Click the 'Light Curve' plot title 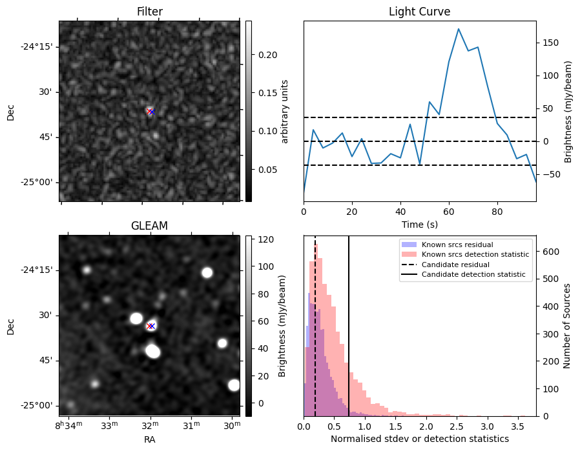(x=419, y=12)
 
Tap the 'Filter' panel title (x=149, y=12)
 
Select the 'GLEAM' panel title (x=149, y=226)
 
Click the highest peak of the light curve (x=458, y=29)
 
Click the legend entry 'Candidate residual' (x=455, y=265)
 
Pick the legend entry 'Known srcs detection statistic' (x=475, y=254)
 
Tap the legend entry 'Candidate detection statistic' (x=473, y=275)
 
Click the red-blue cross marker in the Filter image (x=150, y=112)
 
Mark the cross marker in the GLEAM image (x=150, y=326)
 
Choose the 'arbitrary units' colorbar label (x=285, y=111)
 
